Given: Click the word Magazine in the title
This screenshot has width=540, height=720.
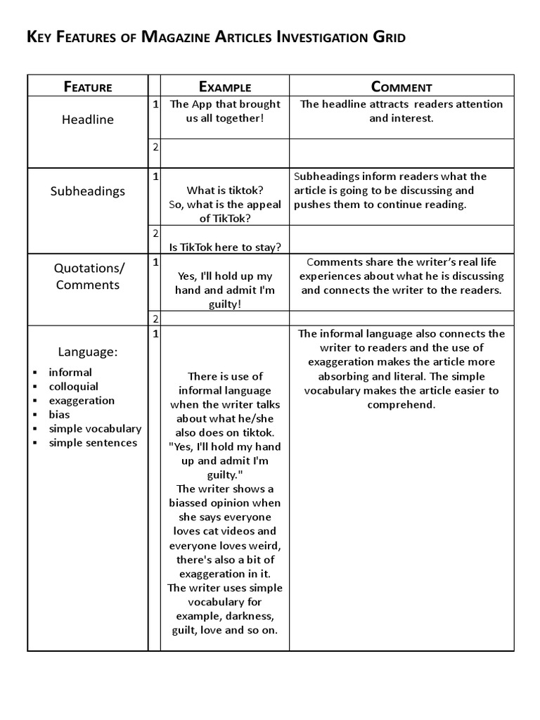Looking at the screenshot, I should coord(179,37).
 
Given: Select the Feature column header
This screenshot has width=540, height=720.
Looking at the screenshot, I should coord(88,87).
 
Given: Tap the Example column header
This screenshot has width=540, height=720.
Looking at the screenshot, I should coord(225,87).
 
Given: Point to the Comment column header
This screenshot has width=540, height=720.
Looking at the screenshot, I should coord(401,87).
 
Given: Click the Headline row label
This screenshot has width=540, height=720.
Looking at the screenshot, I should coord(88,120).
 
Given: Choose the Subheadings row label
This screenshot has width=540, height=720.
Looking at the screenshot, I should coord(88,191).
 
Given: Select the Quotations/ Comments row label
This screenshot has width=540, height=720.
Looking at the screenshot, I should coord(88,276).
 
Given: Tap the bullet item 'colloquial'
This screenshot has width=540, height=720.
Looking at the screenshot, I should coord(73,386).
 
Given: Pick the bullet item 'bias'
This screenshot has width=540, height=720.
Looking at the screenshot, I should coord(59,414).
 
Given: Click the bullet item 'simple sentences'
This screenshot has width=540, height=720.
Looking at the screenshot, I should coord(93,442).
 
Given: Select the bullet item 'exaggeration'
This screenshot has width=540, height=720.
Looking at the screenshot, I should coord(82,400).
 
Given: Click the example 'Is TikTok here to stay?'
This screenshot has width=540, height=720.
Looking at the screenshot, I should coord(225,246).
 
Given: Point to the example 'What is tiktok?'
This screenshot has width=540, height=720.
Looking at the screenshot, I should coord(225,190).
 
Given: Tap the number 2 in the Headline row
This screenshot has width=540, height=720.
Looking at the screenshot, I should coord(155,146).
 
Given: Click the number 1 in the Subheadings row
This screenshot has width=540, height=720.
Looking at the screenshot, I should coord(155,176).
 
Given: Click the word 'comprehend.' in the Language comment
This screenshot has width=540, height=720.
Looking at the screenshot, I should coord(401,404).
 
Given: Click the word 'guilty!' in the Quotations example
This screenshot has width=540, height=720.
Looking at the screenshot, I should coord(225,304).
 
